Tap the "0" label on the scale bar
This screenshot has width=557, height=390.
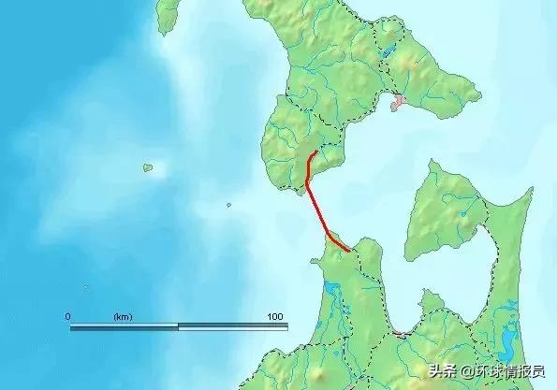coord(67,317)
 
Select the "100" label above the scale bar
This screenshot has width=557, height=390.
coord(274,317)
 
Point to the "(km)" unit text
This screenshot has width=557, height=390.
coord(123,317)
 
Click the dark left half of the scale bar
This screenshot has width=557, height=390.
coord(124,327)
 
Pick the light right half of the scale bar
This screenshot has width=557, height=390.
coord(232,327)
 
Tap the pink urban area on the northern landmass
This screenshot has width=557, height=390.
coord(399,100)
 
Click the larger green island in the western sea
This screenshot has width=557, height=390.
coord(148,168)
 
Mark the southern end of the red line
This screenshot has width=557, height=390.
coord(349,251)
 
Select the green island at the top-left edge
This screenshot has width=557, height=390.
coord(168,13)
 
